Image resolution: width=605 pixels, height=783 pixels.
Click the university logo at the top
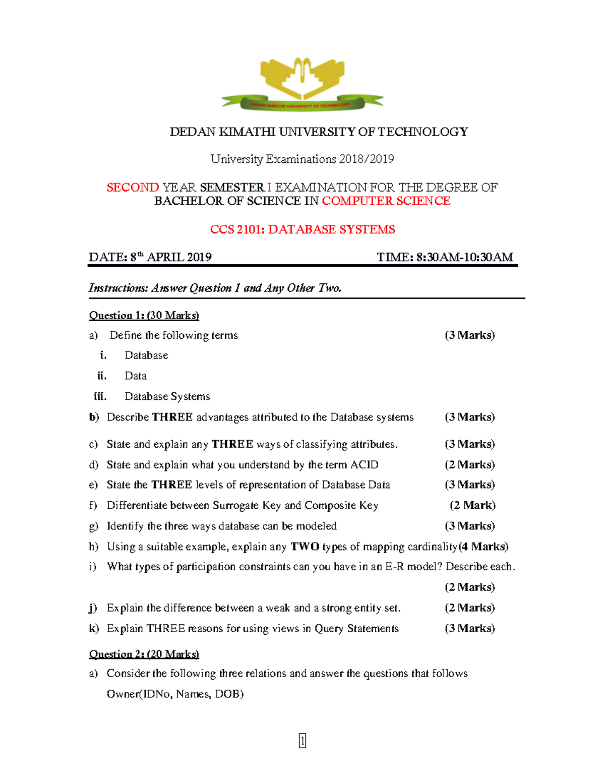click(x=302, y=84)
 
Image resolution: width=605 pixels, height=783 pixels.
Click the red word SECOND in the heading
click(x=133, y=188)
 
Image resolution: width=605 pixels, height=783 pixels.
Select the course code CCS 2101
click(x=236, y=230)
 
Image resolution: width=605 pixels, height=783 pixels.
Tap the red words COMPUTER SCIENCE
click(x=386, y=201)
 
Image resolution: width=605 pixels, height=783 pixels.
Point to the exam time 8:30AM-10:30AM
click(x=464, y=258)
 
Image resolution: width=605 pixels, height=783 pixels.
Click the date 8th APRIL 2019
click(x=171, y=258)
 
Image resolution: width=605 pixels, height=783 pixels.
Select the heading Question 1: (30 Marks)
click(x=144, y=316)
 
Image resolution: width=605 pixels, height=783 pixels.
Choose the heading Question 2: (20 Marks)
click(x=144, y=654)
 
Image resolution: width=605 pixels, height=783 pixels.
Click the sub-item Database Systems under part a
click(x=167, y=397)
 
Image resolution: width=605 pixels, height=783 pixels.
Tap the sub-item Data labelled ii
click(x=136, y=376)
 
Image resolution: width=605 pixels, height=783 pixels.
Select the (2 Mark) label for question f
click(x=472, y=505)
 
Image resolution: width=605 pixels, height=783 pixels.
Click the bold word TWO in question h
click(x=305, y=547)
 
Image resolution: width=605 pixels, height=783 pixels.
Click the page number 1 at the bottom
click(x=302, y=741)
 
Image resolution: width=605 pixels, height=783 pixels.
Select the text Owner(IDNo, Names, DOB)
click(x=175, y=694)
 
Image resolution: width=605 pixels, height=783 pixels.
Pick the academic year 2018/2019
click(x=367, y=159)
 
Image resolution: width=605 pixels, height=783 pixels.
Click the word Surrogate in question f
click(x=235, y=506)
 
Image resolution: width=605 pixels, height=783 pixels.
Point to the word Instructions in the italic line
click(x=118, y=288)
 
